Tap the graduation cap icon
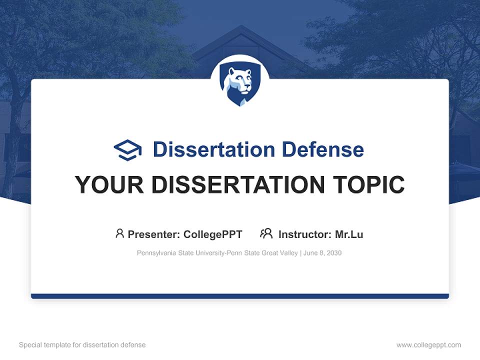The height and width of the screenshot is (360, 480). [x=127, y=149]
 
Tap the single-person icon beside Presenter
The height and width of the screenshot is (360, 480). [x=119, y=233]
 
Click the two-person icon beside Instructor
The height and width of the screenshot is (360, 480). [x=266, y=233]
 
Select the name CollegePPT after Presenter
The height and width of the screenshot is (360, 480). [x=213, y=234]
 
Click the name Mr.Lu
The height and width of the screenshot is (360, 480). [x=349, y=234]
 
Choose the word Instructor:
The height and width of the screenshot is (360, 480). [x=305, y=234]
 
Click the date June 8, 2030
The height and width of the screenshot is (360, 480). [x=322, y=253]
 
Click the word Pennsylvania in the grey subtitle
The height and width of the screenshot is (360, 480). [x=155, y=253]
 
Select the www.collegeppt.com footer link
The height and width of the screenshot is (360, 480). [x=428, y=345]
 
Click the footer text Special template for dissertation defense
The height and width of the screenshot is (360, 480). [x=82, y=345]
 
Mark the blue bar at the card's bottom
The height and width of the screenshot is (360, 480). [x=239, y=296]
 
